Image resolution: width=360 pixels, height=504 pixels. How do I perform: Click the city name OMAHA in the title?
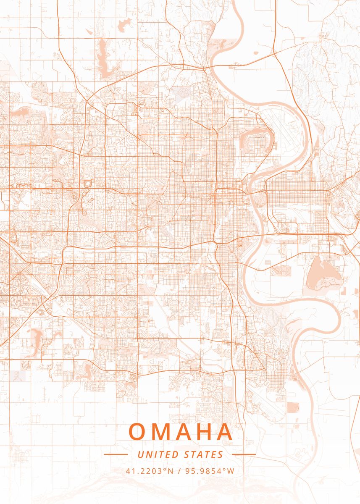[x=181, y=432]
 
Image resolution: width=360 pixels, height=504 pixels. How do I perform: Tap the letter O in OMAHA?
[x=137, y=432]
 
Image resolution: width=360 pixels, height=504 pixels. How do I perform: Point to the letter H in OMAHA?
[x=202, y=432]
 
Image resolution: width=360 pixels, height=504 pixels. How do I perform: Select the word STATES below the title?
[x=204, y=454]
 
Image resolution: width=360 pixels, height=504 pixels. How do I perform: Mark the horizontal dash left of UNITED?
[x=116, y=454]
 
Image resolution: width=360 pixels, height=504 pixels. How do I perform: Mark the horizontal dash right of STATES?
[x=244, y=454]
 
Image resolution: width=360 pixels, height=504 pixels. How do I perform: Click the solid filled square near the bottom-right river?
[x=293, y=407]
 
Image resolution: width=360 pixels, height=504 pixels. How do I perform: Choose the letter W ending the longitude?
[x=231, y=471]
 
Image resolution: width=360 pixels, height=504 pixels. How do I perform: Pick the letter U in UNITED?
[x=140, y=454]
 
